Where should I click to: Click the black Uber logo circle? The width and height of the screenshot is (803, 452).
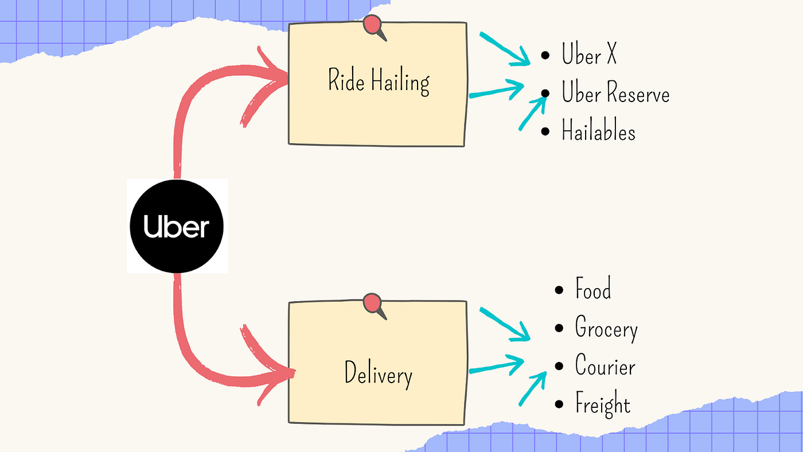(177, 226)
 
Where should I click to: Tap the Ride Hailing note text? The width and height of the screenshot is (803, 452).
(378, 81)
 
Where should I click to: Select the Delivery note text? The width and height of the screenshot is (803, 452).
(378, 375)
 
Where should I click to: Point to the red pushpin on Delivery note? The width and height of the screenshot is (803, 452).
(373, 303)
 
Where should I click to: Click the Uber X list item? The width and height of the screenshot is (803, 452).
(589, 56)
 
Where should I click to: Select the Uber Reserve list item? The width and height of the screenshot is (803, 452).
(615, 93)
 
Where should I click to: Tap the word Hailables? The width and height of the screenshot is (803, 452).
(598, 131)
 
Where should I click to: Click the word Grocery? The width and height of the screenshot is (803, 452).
(606, 329)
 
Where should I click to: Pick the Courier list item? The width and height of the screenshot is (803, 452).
(605, 367)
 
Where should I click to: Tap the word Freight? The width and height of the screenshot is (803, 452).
(603, 404)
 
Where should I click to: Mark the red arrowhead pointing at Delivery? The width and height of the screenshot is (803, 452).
(275, 373)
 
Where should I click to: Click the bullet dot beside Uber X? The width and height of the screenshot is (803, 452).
(545, 56)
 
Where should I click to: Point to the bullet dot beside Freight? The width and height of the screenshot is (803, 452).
(559, 405)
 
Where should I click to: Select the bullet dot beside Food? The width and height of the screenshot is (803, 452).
(559, 290)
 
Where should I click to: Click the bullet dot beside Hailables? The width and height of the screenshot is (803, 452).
(545, 132)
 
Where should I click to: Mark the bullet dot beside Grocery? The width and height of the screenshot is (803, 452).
(559, 329)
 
